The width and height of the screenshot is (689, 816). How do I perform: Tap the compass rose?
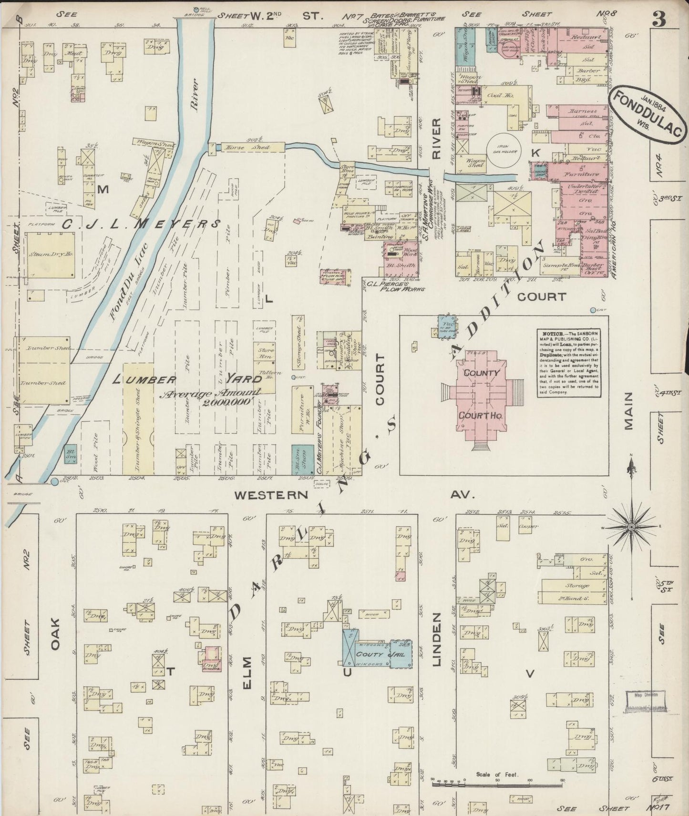tap(631, 527)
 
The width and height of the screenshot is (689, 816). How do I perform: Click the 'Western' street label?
tap(271, 495)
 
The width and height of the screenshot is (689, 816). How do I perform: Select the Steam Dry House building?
tap(50, 255)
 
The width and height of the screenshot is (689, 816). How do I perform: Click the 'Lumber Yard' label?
tap(188, 380)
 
